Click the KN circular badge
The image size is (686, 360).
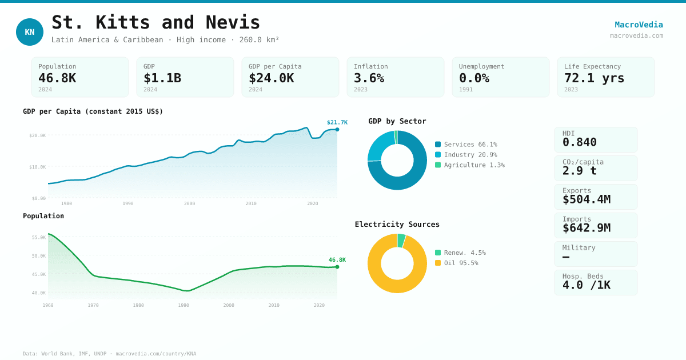(30, 32)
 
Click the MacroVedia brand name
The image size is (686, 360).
(639, 25)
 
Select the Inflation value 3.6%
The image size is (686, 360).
(369, 78)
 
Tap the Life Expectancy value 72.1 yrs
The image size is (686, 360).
(594, 78)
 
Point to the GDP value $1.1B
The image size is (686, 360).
(162, 78)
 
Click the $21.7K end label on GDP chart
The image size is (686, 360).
(337, 122)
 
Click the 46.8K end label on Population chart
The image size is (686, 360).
(337, 260)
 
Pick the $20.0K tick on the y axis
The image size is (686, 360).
(37, 135)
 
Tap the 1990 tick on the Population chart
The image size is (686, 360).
(184, 305)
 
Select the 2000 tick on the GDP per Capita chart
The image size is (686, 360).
(189, 203)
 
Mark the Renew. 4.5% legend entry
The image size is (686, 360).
(464, 253)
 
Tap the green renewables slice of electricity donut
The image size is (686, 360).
(401, 241)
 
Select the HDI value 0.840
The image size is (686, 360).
(579, 142)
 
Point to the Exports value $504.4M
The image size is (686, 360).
(586, 199)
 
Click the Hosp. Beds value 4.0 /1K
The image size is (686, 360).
(586, 285)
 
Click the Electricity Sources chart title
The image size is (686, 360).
(397, 225)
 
